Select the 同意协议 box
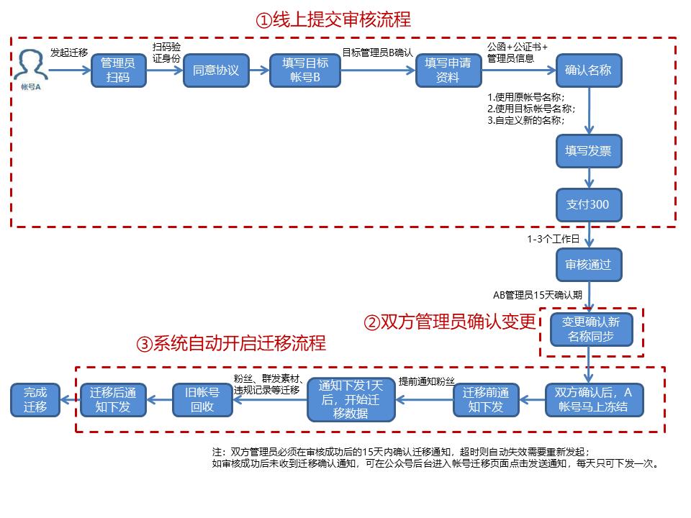point(215,71)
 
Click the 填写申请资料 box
point(448,71)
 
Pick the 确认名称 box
point(588,71)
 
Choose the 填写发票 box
point(588,151)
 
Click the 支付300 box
point(588,204)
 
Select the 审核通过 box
point(588,264)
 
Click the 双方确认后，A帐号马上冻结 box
point(594,400)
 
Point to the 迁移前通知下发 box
point(486,400)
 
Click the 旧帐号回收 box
point(202,400)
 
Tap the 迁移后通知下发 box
point(112,400)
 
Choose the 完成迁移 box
point(35,400)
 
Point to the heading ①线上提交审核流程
point(333,19)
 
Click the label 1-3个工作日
point(553,239)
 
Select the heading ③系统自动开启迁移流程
point(230,343)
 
